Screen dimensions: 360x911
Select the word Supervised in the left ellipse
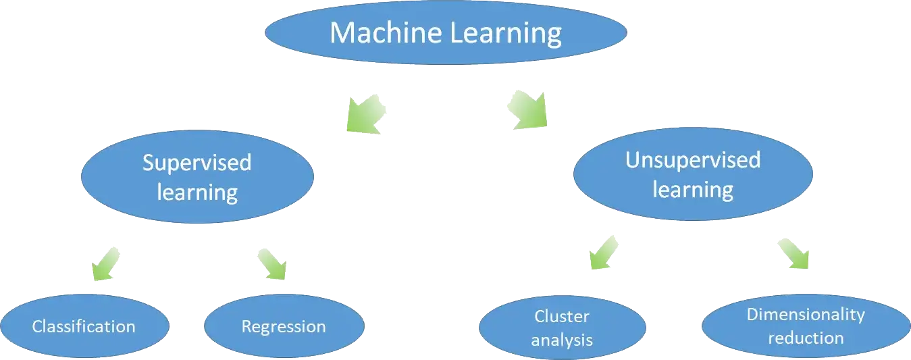coord(197,163)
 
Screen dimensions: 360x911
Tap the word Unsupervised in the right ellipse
coord(693,160)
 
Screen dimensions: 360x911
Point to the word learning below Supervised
coord(197,192)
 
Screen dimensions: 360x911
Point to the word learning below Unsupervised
coord(693,189)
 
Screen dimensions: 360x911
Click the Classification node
coord(84,327)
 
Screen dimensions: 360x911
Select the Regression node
coord(284,327)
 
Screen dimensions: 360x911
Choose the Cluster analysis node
coord(562,328)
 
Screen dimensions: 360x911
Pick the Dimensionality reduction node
coord(805,326)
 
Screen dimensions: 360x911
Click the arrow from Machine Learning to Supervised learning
coord(366,112)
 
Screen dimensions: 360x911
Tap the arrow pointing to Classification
coord(107,263)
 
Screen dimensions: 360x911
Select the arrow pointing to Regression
coord(270,263)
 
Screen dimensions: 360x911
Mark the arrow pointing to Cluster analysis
coord(604,252)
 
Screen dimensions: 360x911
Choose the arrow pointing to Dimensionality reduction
coord(791,254)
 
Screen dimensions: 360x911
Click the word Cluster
coord(562,316)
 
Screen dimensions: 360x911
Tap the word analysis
coord(562,340)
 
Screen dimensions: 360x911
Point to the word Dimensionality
coord(805,314)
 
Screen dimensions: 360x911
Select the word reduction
coord(805,338)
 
